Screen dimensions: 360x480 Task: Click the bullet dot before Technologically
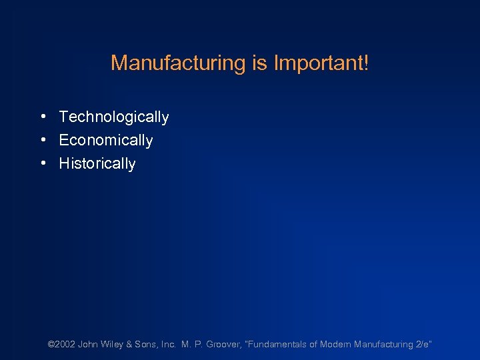coord(42,117)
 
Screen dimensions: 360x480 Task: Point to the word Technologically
coord(114,117)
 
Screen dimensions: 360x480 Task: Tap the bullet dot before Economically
coord(42,140)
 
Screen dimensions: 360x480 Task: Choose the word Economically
coord(106,141)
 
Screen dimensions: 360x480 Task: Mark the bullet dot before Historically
coord(42,163)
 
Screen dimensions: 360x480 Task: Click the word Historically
coord(97,164)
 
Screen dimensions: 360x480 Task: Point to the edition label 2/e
coord(423,345)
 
